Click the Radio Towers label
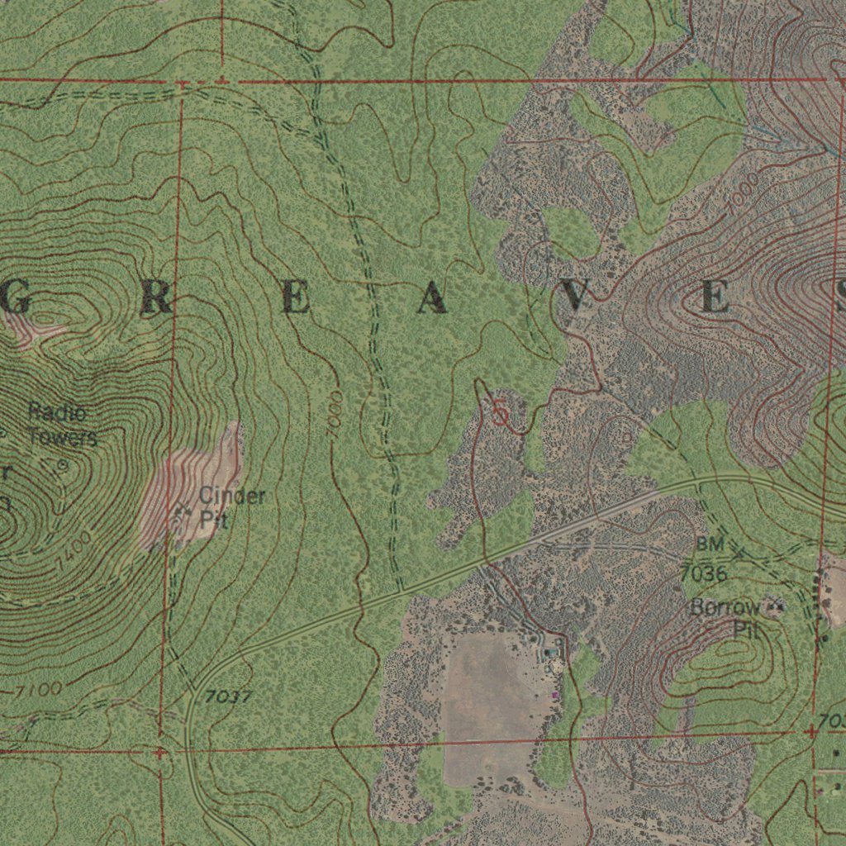click(62, 424)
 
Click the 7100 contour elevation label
click(37, 688)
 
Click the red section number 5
click(500, 412)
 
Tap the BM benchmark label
click(709, 544)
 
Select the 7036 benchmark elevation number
click(703, 573)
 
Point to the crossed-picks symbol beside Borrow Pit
click(775, 608)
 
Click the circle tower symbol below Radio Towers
click(62, 465)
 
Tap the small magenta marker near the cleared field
click(555, 696)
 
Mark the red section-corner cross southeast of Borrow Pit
click(812, 730)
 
